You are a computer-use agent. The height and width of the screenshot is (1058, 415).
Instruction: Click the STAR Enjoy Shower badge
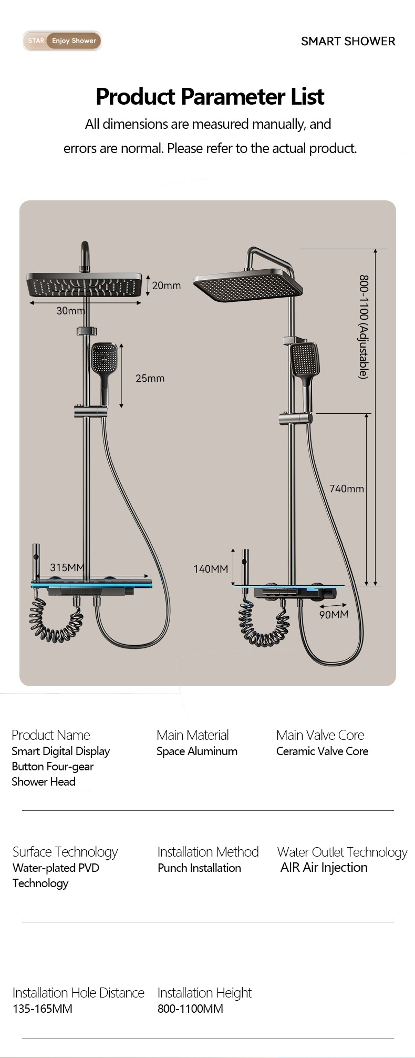62,40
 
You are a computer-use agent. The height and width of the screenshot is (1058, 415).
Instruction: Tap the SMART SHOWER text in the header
348,41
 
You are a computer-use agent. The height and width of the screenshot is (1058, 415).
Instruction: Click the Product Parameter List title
210,96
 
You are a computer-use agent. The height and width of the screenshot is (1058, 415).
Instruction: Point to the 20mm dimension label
166,286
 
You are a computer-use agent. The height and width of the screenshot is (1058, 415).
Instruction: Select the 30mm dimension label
70,311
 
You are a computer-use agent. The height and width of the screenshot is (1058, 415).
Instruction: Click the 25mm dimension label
150,378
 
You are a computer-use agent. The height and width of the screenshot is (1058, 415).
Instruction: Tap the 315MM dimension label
67,567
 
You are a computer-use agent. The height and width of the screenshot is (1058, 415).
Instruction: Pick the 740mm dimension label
347,489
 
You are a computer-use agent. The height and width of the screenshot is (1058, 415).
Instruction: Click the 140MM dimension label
211,568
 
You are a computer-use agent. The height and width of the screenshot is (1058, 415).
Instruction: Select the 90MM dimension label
334,614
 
